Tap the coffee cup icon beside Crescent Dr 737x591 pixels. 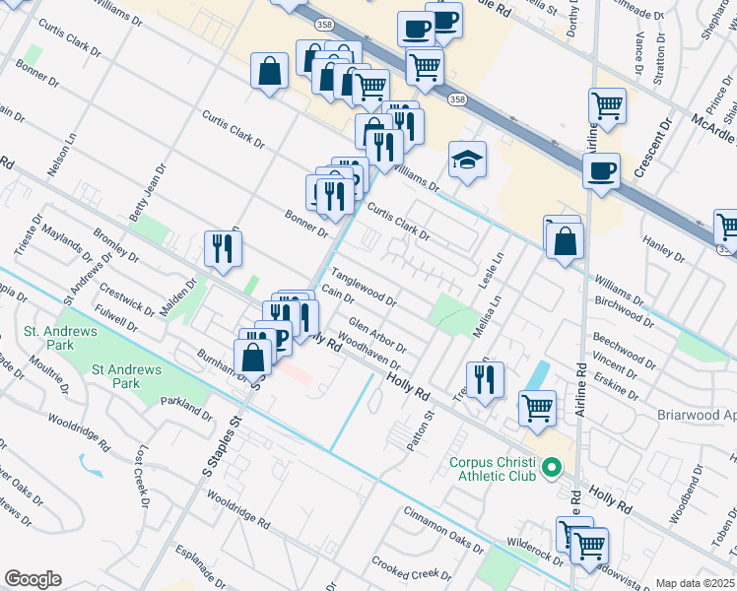[600, 171]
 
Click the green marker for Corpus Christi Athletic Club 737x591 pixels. [552, 467]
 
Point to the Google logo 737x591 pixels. [33, 579]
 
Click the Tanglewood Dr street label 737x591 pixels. [364, 288]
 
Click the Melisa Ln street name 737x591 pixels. [483, 318]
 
